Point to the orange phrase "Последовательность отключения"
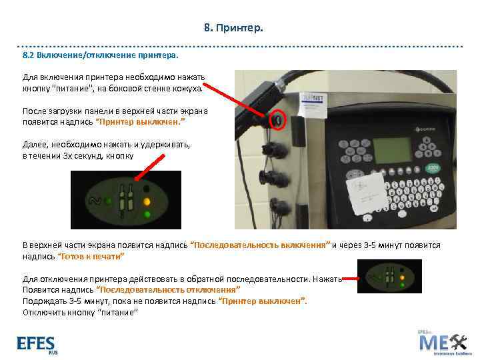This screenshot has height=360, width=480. (x=167, y=291)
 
